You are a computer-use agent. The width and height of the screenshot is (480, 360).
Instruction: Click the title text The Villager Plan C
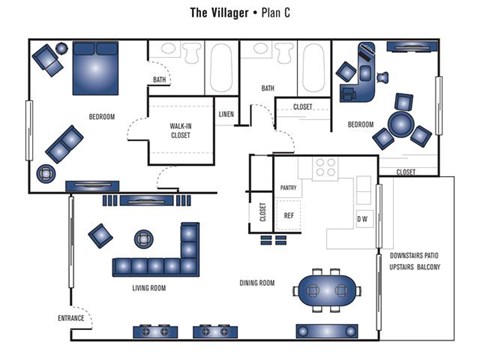[240, 14]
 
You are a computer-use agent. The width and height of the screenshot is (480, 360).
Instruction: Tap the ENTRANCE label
[72, 318]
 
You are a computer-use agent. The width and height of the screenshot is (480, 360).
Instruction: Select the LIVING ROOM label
[149, 288]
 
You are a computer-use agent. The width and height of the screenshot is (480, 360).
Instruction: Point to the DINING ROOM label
[257, 283]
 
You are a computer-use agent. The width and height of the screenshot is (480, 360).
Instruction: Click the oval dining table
[327, 290]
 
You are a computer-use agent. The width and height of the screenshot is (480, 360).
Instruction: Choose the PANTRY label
[288, 187]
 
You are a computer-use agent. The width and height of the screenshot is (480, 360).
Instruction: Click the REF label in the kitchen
[288, 215]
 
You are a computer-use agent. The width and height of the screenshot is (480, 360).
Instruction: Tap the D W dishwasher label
[361, 219]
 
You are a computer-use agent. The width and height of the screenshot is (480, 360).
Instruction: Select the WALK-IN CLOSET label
[182, 130]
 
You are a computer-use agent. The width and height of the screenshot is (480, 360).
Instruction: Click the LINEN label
[226, 114]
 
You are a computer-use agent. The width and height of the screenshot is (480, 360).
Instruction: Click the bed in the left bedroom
[95, 70]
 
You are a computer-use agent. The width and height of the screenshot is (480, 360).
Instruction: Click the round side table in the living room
[144, 238]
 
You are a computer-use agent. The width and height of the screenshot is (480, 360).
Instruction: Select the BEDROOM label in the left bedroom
[101, 118]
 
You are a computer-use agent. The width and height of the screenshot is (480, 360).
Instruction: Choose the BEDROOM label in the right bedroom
[360, 124]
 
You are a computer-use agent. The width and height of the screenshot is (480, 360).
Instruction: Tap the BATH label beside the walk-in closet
[160, 79]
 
